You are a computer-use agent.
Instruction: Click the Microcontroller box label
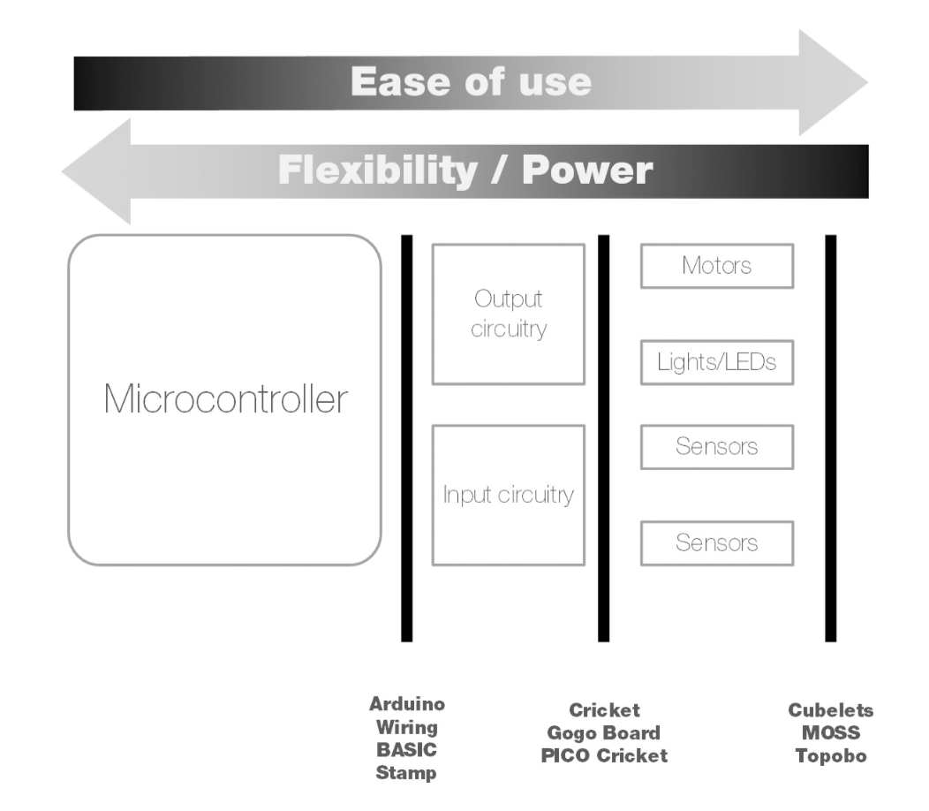click(x=225, y=400)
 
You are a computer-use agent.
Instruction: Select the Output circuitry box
click(x=508, y=314)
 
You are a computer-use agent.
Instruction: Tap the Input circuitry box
click(x=508, y=495)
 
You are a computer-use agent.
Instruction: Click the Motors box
click(x=716, y=266)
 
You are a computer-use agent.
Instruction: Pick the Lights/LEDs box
click(x=716, y=362)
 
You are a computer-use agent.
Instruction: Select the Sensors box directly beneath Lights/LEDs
click(x=716, y=447)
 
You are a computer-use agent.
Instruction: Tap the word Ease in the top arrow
click(x=389, y=82)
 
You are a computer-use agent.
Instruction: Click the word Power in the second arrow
click(x=587, y=170)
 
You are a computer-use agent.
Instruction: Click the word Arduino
click(x=407, y=705)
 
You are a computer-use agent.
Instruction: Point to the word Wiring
click(x=407, y=728)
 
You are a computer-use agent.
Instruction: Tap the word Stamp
click(x=407, y=774)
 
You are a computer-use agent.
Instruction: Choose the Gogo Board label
click(x=604, y=733)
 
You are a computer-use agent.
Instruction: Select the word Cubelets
click(x=830, y=710)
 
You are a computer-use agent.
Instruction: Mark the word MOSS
click(x=830, y=733)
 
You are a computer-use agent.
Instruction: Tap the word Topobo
click(x=830, y=756)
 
